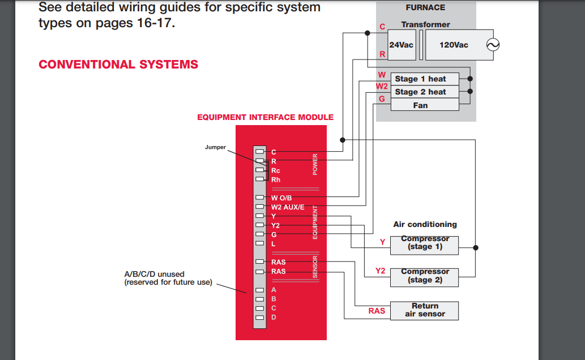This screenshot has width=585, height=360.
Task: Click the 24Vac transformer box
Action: point(402,45)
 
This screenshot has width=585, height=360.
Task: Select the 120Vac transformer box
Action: point(454,45)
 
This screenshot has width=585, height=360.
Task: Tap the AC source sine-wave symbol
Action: point(493,45)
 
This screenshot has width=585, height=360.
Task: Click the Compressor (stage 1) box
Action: point(425,243)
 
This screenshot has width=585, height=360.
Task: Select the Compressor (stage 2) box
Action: point(425,276)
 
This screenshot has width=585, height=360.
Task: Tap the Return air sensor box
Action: point(425,310)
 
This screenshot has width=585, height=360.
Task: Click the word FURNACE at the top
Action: point(425,8)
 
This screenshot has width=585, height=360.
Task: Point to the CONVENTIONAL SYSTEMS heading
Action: point(118,65)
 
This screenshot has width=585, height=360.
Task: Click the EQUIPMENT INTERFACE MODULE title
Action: point(265,118)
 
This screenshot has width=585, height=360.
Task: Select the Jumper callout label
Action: point(215,147)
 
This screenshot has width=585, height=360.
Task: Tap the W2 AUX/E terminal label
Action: point(288,207)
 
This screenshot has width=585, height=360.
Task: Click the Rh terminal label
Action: point(276,180)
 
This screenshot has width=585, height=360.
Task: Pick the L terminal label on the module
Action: point(274,244)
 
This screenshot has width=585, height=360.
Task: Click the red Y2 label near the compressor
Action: point(380,271)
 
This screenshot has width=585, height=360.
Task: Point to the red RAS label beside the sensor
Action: point(377,311)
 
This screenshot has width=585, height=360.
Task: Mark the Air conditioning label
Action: point(425,225)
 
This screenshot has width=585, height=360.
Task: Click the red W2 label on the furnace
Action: point(382,87)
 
